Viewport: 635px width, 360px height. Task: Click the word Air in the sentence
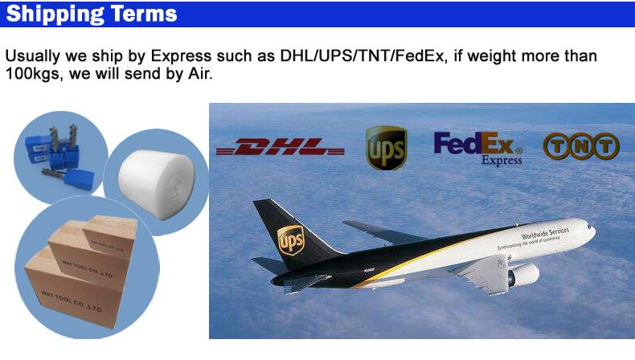pyautogui.click(x=199, y=75)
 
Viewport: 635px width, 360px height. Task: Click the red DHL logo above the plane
pyautogui.click(x=281, y=146)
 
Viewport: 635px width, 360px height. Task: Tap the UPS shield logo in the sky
pyautogui.click(x=386, y=148)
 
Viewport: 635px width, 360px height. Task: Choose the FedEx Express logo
pyautogui.click(x=479, y=146)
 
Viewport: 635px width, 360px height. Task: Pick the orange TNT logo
pyautogui.click(x=581, y=145)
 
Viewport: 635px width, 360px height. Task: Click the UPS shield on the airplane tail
pyautogui.click(x=290, y=239)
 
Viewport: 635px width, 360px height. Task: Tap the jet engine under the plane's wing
pyautogui.click(x=522, y=276)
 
